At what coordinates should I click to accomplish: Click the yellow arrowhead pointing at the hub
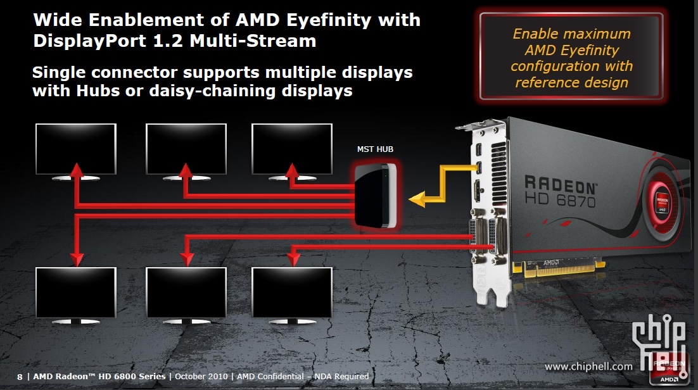tap(417, 201)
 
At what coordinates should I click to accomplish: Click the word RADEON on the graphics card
tap(561, 186)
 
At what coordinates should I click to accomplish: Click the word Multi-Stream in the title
tap(258, 42)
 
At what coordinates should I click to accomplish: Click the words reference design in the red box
tap(571, 82)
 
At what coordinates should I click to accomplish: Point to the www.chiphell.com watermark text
tap(588, 366)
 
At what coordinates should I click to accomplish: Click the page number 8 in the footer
tap(20, 377)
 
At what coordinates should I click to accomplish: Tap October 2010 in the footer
tap(200, 377)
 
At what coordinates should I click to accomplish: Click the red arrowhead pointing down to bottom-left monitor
tap(77, 259)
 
